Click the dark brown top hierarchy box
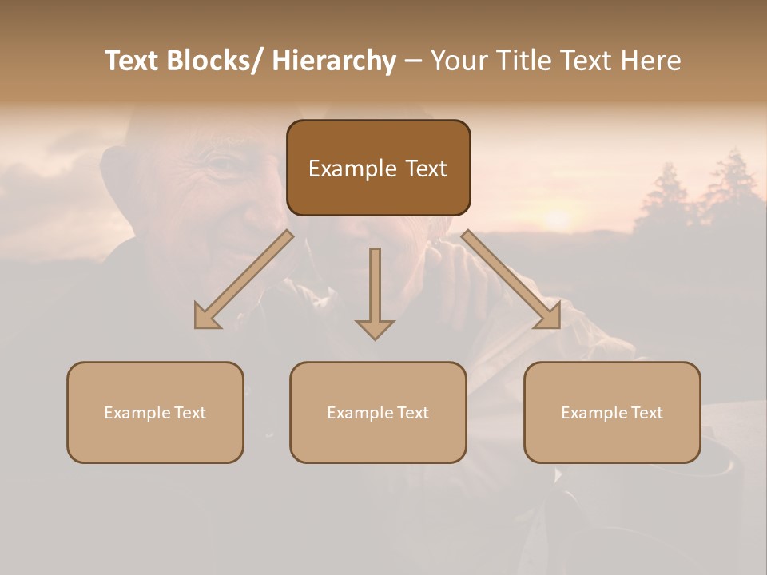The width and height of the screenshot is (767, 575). pyautogui.click(x=378, y=168)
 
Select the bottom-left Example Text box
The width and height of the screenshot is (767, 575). pyautogui.click(x=155, y=412)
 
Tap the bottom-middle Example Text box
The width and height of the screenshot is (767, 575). pyautogui.click(x=378, y=412)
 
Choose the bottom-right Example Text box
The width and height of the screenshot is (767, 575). pyautogui.click(x=612, y=412)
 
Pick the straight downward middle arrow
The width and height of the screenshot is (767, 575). pyautogui.click(x=375, y=287)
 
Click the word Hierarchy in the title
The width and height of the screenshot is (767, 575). pyautogui.click(x=333, y=61)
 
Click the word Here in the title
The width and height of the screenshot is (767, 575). pyautogui.click(x=652, y=61)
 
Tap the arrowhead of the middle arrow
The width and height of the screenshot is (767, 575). pyautogui.click(x=375, y=327)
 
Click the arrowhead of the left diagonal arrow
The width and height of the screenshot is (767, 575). pyautogui.click(x=207, y=316)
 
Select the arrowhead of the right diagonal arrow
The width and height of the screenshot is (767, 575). pyautogui.click(x=547, y=315)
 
